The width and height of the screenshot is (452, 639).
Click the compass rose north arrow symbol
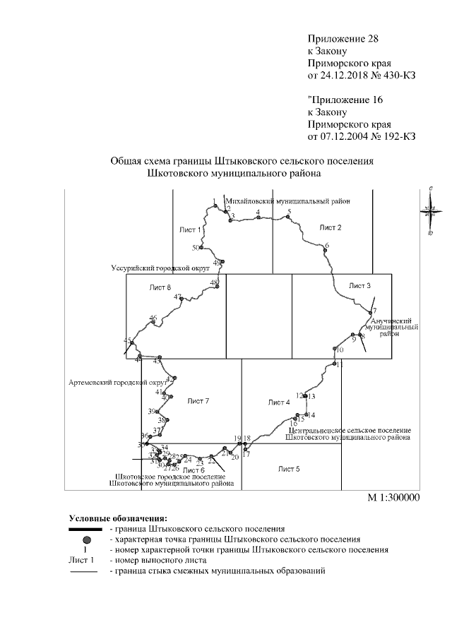430,210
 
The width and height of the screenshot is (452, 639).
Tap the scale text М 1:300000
393,497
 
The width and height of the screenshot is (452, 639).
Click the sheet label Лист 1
191,230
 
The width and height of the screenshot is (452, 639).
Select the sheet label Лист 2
330,227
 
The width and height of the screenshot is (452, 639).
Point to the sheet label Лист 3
359,285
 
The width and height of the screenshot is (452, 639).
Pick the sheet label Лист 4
279,402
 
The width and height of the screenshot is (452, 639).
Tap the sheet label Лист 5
289,469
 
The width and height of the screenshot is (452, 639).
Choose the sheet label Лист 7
198,401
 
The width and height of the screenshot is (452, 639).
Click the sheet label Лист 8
160,287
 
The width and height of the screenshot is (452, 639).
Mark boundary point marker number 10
334,348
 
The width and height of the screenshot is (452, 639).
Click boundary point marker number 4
258,217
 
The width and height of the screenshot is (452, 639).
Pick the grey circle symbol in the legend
86,538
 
